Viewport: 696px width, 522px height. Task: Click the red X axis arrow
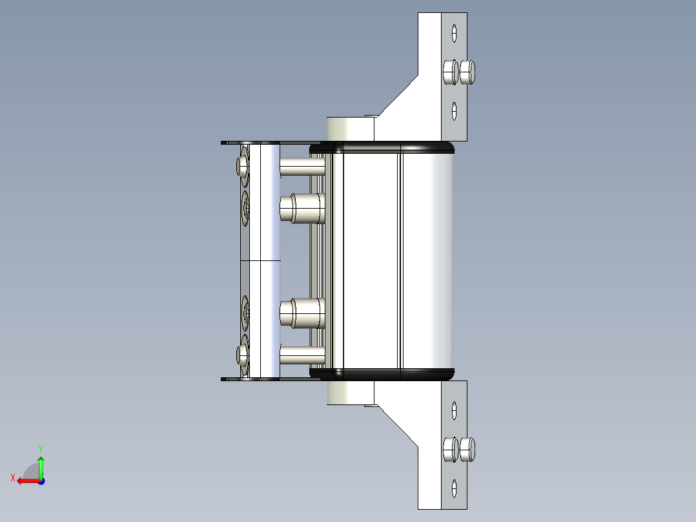[26, 481]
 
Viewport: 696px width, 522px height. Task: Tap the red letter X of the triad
[12, 477]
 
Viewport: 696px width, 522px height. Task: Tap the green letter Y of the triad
[40, 448]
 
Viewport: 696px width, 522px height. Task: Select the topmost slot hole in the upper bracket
[454, 32]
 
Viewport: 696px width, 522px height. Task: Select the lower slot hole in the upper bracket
[454, 111]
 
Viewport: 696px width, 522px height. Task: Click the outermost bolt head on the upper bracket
[469, 72]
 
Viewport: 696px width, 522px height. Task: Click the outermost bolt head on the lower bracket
[469, 450]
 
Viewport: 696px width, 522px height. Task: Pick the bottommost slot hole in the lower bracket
[454, 488]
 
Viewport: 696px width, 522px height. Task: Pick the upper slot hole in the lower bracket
[454, 410]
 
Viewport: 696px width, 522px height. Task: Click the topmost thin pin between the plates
[302, 168]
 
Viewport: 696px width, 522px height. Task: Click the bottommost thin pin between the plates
[302, 354]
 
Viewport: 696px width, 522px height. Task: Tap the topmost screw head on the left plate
[243, 167]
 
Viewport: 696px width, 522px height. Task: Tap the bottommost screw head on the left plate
[243, 354]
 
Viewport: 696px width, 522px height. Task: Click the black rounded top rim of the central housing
[394, 147]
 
